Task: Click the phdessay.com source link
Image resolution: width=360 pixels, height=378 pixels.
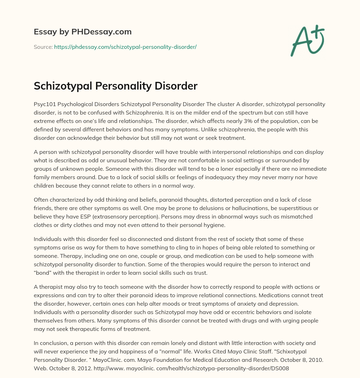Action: tap(125, 47)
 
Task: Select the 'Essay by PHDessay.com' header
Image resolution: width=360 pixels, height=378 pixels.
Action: tap(83, 32)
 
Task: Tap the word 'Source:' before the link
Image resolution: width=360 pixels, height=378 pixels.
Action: tap(43, 47)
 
